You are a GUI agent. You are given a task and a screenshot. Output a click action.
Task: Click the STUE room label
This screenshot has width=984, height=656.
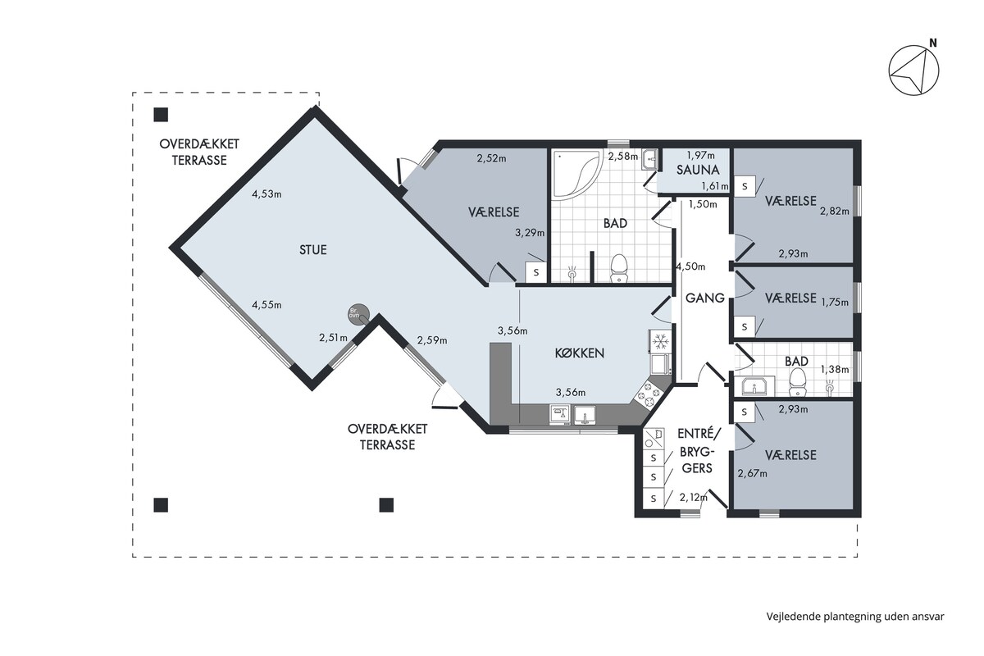coord(312,250)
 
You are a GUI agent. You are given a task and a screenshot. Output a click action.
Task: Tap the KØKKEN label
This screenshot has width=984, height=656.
coord(580,353)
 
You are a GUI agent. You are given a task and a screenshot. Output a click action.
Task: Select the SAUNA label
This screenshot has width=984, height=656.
coord(698,170)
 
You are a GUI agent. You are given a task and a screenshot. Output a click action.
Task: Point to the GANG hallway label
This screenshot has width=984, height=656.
coord(705,298)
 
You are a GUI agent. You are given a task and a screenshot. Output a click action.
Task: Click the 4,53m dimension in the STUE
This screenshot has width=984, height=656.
coord(266,194)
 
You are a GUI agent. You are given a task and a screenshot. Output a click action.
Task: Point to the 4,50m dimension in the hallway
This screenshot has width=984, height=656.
coord(690,266)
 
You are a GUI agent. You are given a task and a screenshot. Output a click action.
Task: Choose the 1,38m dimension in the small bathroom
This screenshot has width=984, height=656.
coord(835,370)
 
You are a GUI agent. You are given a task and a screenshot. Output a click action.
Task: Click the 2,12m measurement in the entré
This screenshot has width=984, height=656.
coord(694,498)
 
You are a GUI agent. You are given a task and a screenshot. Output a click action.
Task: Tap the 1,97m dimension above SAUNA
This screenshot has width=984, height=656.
coord(700,155)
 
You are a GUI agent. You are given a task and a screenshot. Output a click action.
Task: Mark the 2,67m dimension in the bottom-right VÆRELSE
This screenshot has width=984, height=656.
coord(753,473)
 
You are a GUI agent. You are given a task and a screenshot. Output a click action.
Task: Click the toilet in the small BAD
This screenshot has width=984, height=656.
coord(797,382)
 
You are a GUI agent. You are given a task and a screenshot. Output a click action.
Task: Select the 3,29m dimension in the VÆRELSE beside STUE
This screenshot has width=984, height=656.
coord(530,232)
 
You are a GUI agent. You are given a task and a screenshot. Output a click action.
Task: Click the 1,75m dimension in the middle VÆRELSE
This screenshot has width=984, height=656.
coord(835,303)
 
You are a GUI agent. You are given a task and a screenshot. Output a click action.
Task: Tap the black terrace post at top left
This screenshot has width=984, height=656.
coord(161,115)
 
